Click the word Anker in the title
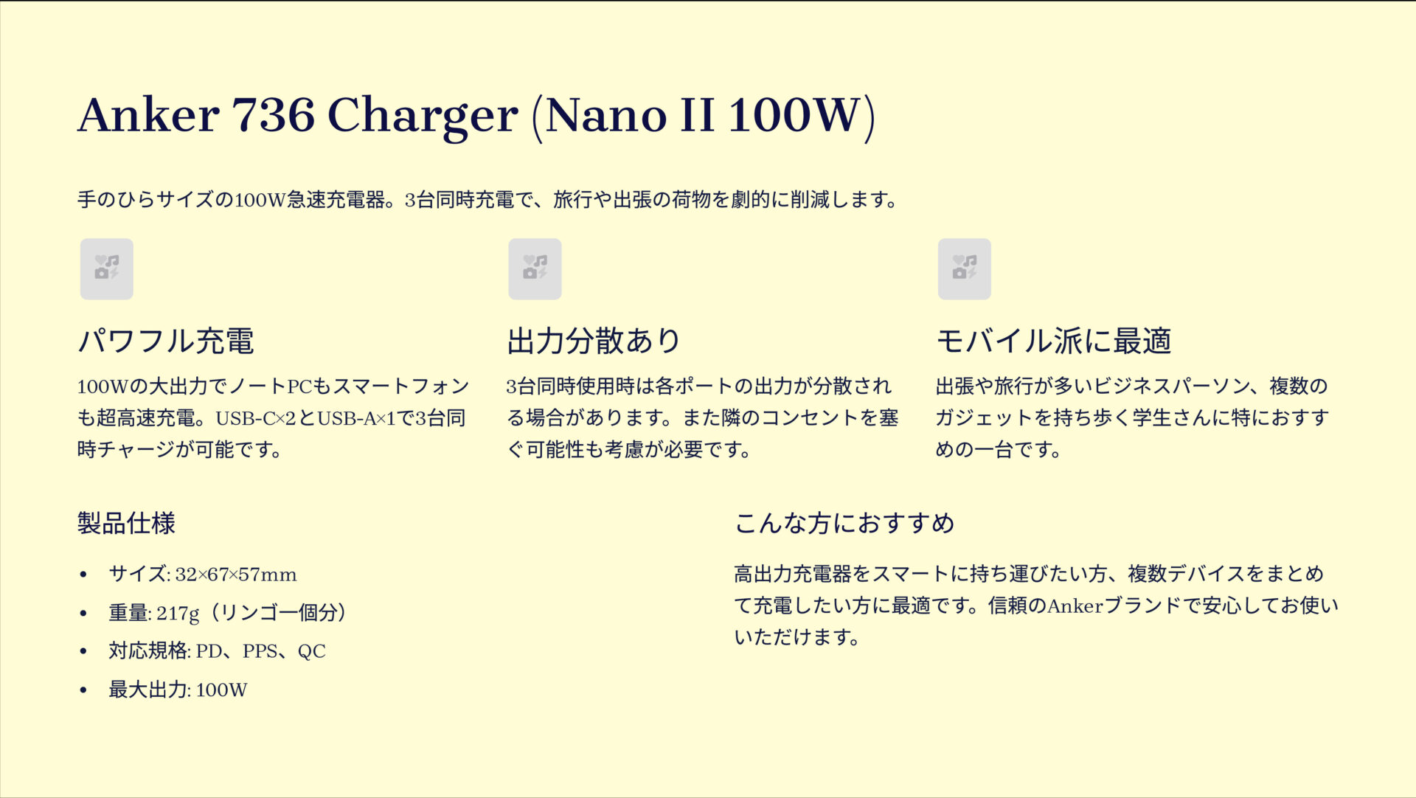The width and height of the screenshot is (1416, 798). [148, 115]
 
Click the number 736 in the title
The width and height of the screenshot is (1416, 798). [273, 115]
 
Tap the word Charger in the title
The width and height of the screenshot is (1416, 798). [422, 117]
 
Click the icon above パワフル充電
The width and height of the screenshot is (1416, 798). [107, 268]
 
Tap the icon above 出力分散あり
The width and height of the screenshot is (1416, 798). [535, 268]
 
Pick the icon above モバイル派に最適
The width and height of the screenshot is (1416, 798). [964, 268]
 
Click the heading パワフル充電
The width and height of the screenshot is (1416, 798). [166, 341]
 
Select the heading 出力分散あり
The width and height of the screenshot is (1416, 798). [594, 341]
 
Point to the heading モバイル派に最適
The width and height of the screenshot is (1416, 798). [1053, 341]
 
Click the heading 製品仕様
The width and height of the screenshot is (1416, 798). [126, 523]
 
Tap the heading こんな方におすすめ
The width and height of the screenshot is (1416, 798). [844, 523]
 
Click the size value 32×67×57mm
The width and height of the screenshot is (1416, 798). [236, 575]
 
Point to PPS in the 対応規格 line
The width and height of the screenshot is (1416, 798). [260, 651]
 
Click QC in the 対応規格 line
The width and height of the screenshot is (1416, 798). [311, 651]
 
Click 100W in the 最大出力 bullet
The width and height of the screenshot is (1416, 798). [221, 690]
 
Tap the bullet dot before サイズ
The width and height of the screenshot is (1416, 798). [83, 575]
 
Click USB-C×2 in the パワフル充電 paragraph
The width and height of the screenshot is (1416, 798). [255, 418]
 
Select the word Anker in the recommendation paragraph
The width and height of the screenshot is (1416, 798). [1075, 606]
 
